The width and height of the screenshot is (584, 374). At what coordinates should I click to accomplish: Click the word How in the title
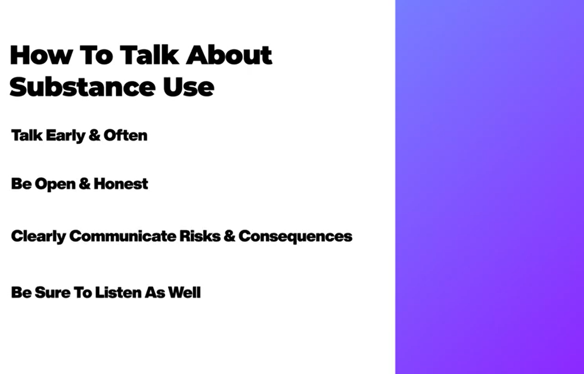[41, 55]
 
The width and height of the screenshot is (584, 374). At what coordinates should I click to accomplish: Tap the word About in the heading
[229, 55]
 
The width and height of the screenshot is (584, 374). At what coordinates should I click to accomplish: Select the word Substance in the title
[82, 87]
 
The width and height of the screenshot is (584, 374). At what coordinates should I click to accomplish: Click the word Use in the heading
[188, 87]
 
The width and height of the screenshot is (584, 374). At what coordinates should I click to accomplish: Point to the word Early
[66, 136]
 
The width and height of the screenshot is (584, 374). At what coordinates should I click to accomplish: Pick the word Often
[126, 135]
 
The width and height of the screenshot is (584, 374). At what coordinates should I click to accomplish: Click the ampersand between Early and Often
[94, 135]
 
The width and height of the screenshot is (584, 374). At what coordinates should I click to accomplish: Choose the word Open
[55, 185]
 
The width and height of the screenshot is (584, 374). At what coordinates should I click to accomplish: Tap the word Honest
[121, 184]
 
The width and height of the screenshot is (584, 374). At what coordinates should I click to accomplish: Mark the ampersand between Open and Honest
[85, 184]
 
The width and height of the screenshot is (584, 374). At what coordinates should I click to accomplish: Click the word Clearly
[38, 237]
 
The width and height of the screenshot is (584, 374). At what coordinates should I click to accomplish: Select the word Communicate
[123, 236]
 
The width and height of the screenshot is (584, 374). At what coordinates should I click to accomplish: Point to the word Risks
[200, 236]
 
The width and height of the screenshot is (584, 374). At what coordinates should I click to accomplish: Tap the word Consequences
[295, 237]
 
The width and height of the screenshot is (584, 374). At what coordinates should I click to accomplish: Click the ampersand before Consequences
[229, 236]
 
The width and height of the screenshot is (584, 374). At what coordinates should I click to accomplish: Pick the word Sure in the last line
[53, 292]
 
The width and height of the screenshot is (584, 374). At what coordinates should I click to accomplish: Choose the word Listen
[118, 292]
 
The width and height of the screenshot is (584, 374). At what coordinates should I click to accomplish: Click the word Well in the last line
[184, 292]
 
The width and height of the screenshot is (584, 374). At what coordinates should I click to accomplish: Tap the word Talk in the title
[149, 55]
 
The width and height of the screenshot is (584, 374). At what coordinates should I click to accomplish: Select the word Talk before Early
[27, 135]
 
